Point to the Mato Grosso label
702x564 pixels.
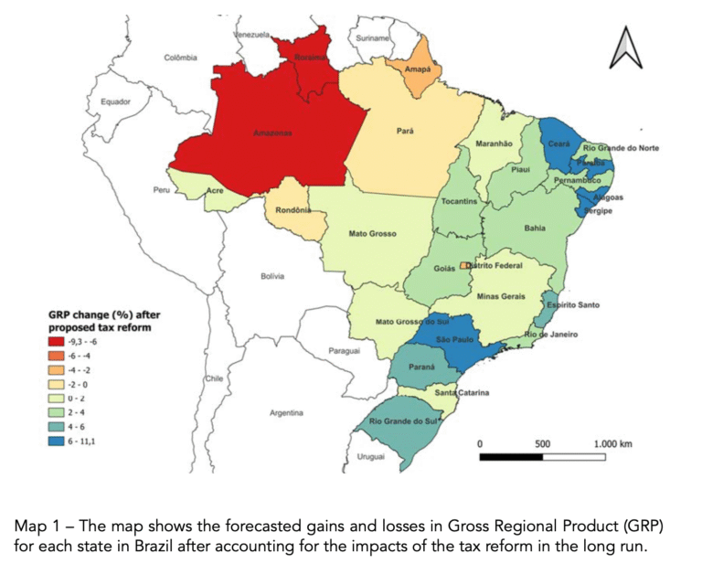[x=372, y=233]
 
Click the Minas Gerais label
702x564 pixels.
[x=502, y=297]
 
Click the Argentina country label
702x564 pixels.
[x=286, y=413]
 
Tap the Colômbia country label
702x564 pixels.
[x=180, y=57]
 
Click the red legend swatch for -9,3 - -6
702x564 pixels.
[x=61, y=340]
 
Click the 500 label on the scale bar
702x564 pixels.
[x=542, y=442]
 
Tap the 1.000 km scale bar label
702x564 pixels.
[x=612, y=442]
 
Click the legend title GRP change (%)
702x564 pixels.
[x=95, y=314]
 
